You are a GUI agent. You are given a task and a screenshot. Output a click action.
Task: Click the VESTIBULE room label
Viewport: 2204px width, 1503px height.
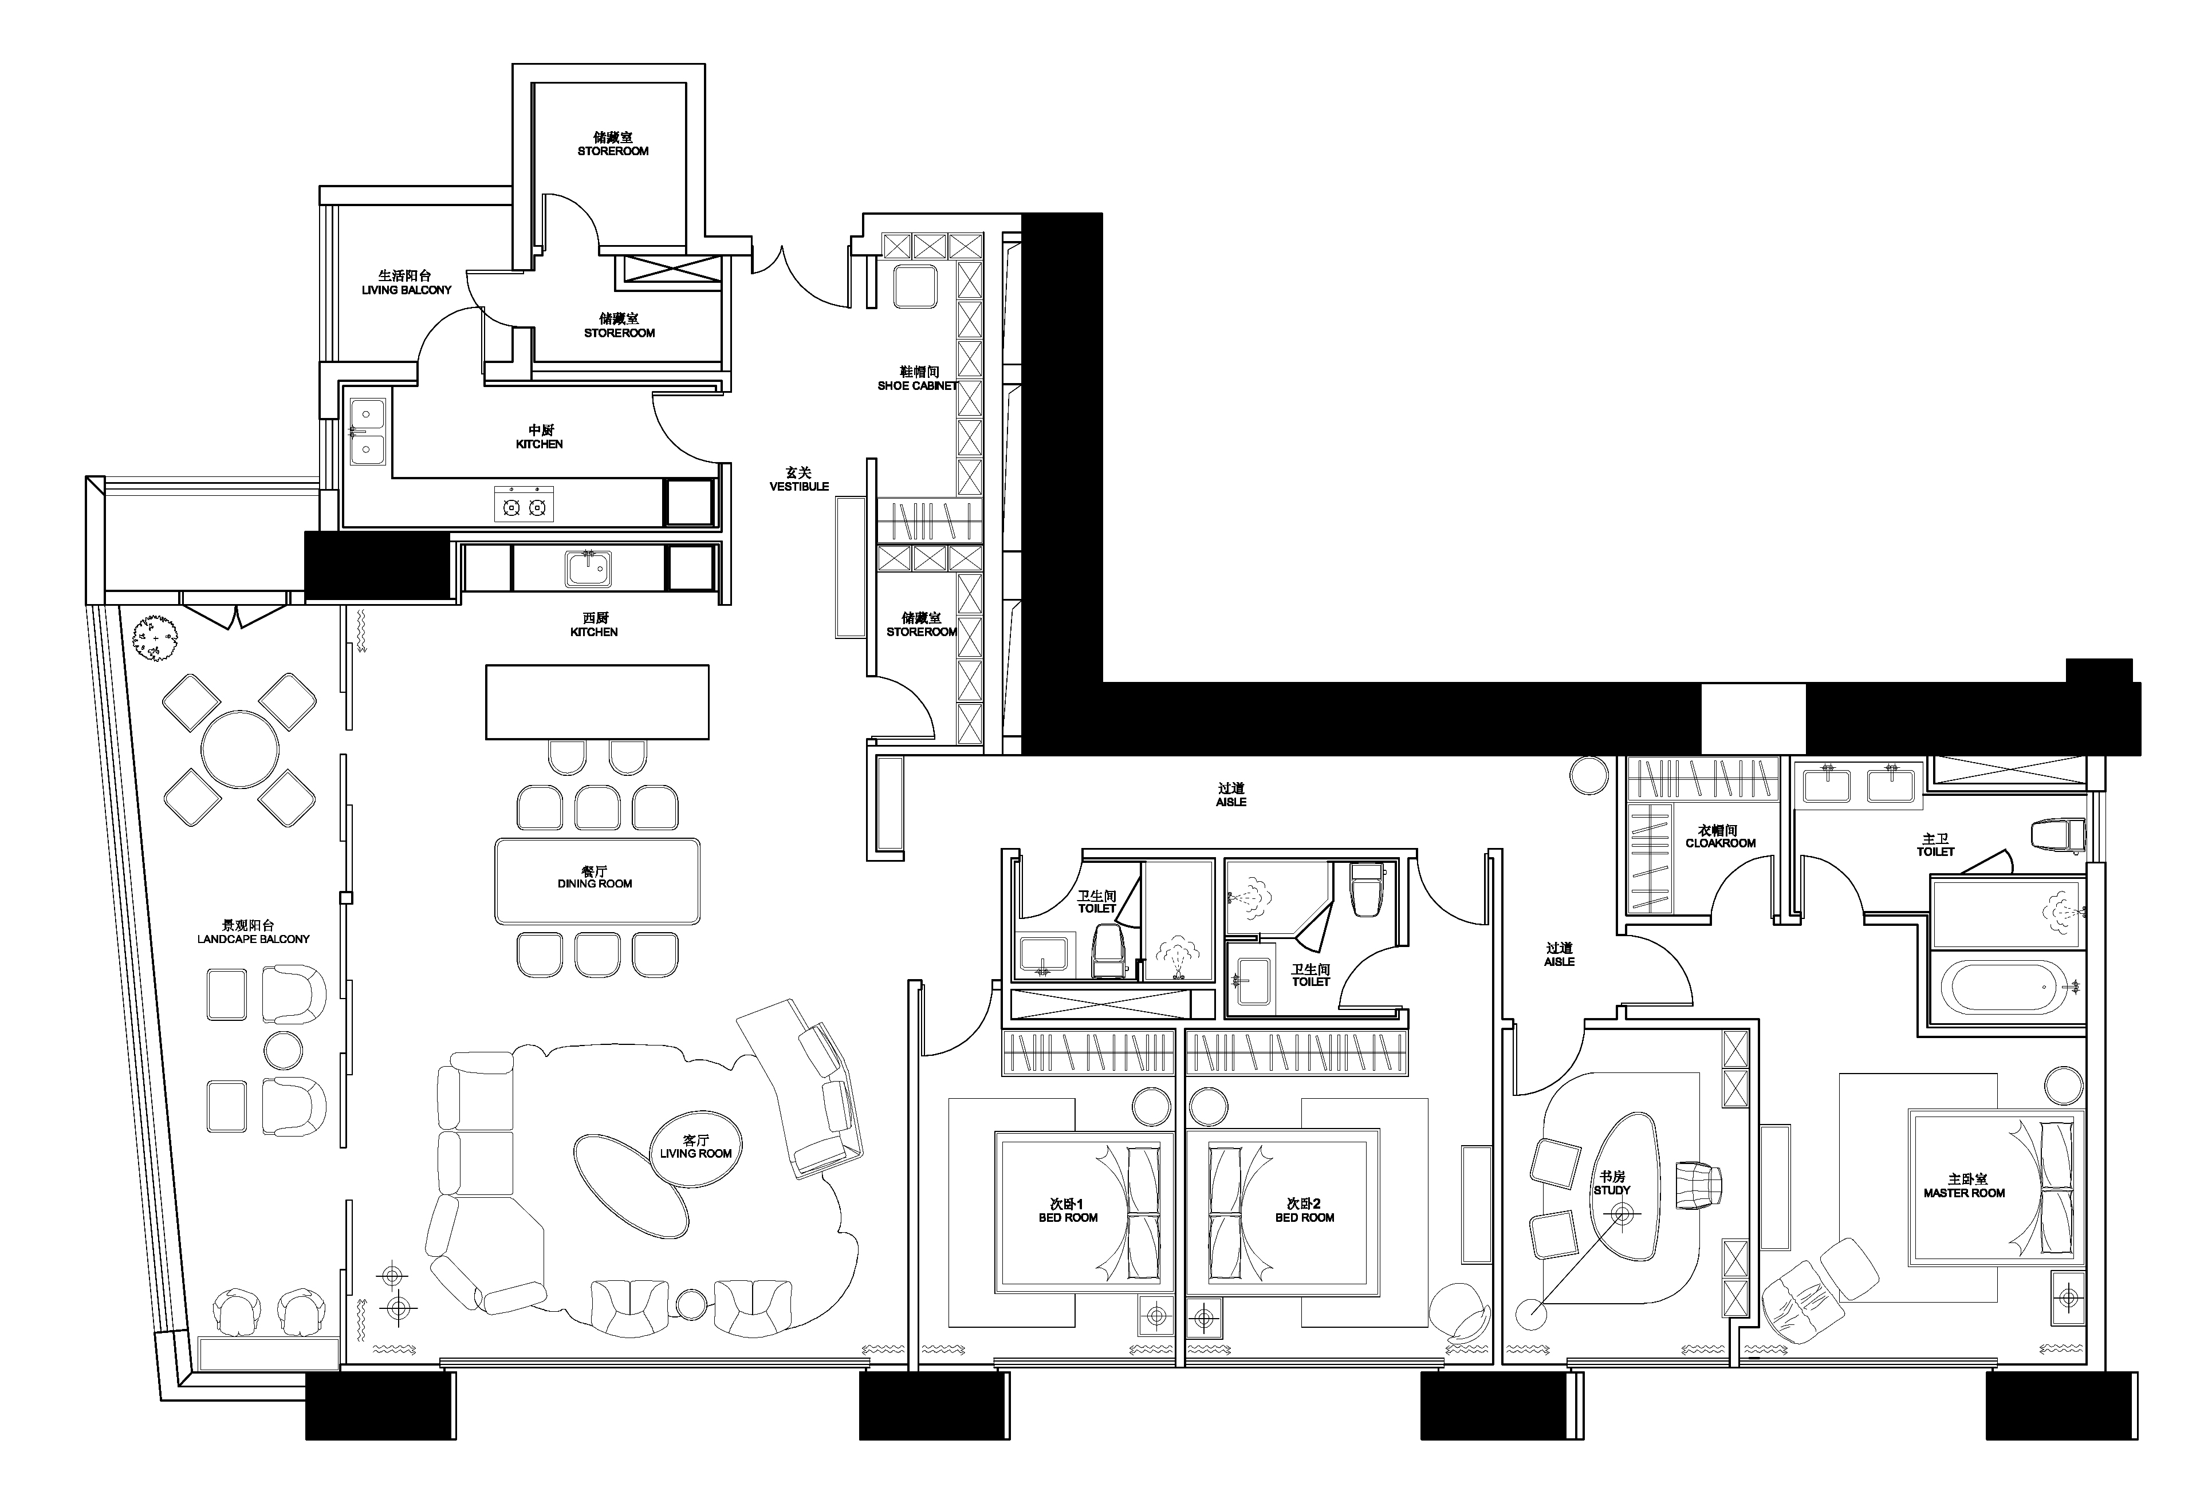pos(798,487)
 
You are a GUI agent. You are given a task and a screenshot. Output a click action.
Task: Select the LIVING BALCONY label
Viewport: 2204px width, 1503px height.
pos(407,290)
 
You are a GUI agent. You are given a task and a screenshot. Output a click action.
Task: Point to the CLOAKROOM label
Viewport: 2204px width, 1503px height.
pos(1721,843)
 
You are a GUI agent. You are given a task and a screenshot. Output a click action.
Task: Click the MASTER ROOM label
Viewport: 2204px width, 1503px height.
pos(1964,1193)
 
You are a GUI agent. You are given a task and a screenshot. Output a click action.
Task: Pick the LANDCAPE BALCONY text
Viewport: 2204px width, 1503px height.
pos(253,939)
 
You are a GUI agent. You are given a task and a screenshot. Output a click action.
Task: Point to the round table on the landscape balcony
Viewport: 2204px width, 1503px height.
pos(241,749)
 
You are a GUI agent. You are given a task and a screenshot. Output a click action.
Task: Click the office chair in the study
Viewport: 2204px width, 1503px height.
pos(1698,1185)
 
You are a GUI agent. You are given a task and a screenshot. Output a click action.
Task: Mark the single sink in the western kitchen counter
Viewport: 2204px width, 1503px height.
pos(589,569)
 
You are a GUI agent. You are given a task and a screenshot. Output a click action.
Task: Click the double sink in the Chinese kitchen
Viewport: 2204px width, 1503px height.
pos(367,432)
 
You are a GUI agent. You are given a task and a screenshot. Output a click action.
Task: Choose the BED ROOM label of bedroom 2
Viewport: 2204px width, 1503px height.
pos(1304,1217)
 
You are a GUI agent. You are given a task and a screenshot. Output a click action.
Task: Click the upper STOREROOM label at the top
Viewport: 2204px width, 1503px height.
pos(613,151)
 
